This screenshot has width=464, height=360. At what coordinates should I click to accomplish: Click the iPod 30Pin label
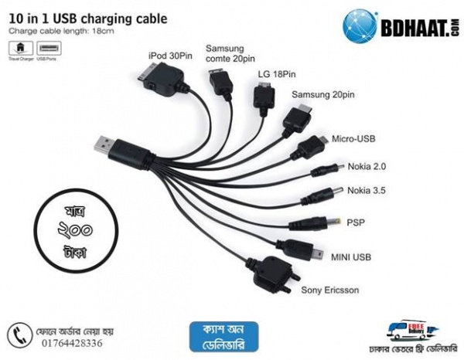(x=169, y=56)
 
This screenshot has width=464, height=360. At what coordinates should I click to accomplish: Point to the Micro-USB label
(x=354, y=138)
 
